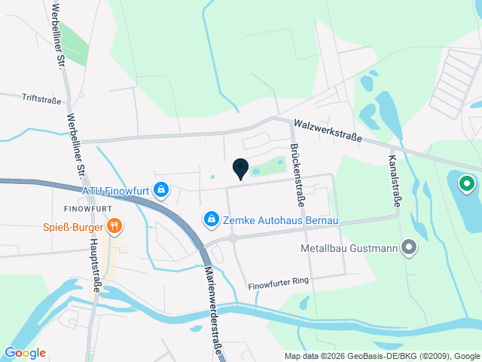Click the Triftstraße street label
pos(41,98)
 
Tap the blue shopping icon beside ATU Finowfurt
pos(160,189)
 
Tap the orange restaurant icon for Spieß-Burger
pos(114,225)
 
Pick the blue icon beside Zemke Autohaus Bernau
pos(212,219)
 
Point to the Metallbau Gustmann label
pos(347,247)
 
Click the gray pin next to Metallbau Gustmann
pos(409,247)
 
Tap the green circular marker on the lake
pos(466,183)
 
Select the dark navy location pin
pos(240,170)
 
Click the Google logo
pos(25,353)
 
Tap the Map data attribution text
pos(382,356)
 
